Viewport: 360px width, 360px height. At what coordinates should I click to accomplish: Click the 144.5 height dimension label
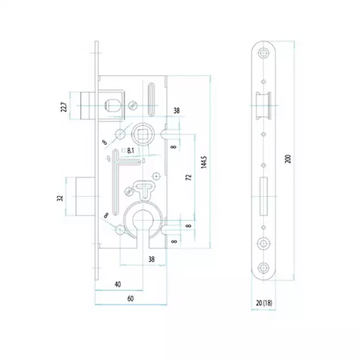tap(204, 162)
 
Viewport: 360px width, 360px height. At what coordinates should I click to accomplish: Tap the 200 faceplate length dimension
tap(287, 159)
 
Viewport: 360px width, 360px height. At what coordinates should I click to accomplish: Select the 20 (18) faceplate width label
tap(264, 303)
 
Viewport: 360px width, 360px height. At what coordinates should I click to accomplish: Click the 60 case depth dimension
tap(130, 299)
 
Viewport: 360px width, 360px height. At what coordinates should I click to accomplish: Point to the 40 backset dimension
tap(117, 284)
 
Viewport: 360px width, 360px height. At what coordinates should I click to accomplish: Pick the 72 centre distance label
tap(188, 177)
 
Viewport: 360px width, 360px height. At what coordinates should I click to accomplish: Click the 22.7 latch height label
tap(64, 107)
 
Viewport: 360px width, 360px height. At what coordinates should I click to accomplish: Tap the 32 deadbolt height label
tap(60, 198)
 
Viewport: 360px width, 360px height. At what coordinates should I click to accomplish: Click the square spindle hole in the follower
tap(142, 134)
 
